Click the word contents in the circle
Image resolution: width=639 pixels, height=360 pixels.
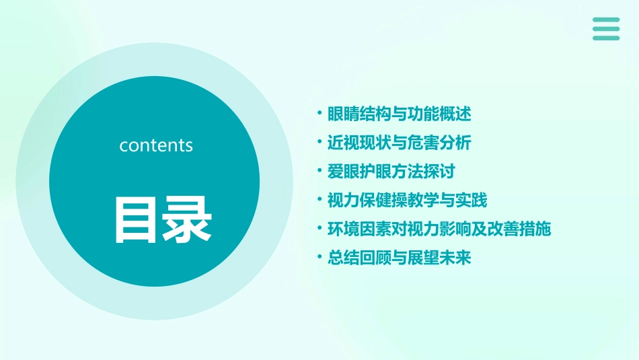(x=156, y=145)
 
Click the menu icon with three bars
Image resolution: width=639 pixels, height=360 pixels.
(x=606, y=29)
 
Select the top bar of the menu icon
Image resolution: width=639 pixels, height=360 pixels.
(x=606, y=20)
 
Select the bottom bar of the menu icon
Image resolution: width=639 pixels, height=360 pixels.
(x=606, y=38)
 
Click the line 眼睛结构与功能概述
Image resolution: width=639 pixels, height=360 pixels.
(x=399, y=114)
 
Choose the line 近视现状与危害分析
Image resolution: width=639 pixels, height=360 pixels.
(x=399, y=143)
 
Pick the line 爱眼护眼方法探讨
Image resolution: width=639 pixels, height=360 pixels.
(x=391, y=172)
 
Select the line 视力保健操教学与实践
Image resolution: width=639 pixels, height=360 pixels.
(x=407, y=201)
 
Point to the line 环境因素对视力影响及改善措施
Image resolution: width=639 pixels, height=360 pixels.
(x=439, y=229)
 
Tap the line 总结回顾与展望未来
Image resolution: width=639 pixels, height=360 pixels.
(x=399, y=258)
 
